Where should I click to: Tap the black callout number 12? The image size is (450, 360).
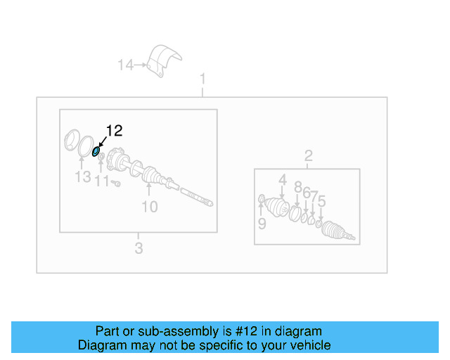point(114,130)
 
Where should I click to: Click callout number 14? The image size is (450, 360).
point(125,65)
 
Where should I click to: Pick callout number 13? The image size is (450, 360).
point(83,177)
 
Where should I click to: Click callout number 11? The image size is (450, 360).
point(102,181)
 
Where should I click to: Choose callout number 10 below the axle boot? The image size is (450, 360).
point(150,206)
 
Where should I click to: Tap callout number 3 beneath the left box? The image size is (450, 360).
point(139,247)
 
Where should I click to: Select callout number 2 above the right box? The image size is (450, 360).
point(307,155)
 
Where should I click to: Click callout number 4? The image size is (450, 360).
point(282,181)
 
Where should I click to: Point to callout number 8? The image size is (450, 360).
point(297,187)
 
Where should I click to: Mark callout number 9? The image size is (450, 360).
point(262,224)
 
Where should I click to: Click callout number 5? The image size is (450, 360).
point(321,202)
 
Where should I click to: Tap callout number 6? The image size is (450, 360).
point(307,193)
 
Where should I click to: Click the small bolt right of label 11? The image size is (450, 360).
point(117,184)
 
